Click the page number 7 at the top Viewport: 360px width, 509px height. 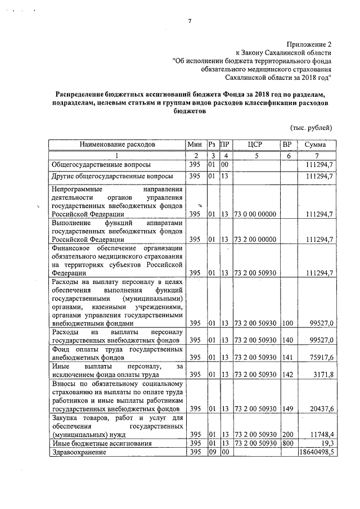click(190, 21)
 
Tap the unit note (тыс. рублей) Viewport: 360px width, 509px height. click(311, 128)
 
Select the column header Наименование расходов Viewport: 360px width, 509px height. click(117, 145)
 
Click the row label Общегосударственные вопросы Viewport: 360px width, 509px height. click(101, 164)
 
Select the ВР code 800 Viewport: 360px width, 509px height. click(287, 443)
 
